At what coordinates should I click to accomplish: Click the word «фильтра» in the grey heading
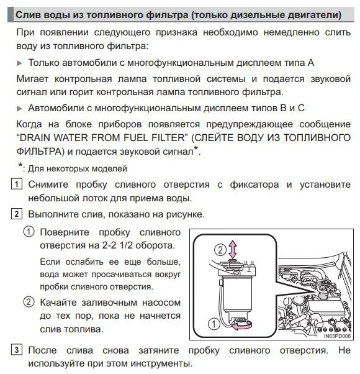[167, 15]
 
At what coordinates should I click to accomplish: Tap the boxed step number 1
[17, 184]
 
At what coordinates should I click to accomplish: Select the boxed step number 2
[17, 214]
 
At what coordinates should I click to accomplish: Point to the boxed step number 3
[17, 350]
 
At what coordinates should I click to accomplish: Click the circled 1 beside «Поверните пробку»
[29, 232]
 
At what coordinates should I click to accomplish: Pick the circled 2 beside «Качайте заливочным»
[29, 302]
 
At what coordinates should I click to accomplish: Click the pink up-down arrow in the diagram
[233, 249]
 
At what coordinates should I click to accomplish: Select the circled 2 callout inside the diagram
[220, 250]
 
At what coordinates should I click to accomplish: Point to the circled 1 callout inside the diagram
[214, 324]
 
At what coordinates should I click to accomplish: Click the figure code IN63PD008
[337, 336]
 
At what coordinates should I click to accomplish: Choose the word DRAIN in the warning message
[35, 138]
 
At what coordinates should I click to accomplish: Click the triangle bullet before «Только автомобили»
[19, 63]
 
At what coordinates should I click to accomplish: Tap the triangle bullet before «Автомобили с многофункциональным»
[19, 109]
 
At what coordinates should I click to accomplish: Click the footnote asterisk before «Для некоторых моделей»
[20, 165]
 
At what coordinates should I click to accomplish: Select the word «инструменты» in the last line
[161, 363]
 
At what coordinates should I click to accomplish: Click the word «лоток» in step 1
[93, 198]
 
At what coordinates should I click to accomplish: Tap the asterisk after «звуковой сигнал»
[196, 148]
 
